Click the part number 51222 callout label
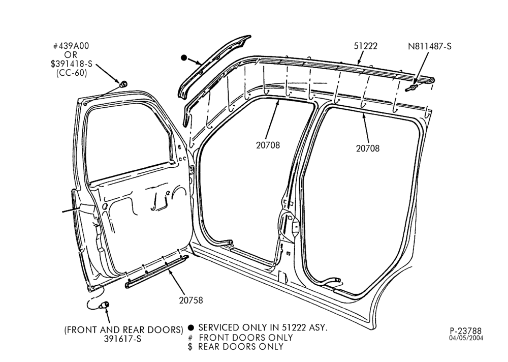[x=365, y=46]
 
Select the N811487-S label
[x=429, y=46]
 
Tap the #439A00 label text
[x=71, y=46]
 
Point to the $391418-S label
[x=71, y=64]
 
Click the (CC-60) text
[x=72, y=73]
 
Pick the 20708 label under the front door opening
[x=268, y=145]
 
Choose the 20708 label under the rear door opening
[x=368, y=148]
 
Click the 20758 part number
[x=191, y=300]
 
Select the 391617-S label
[x=122, y=339]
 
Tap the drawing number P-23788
[x=465, y=331]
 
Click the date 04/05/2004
[x=466, y=338]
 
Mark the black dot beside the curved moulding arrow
[x=184, y=58]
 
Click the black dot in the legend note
[x=191, y=327]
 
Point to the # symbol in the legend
[x=190, y=338]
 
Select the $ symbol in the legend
[x=190, y=347]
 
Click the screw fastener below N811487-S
[x=411, y=87]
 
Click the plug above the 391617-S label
[x=105, y=305]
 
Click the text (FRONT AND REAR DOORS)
[x=124, y=330]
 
